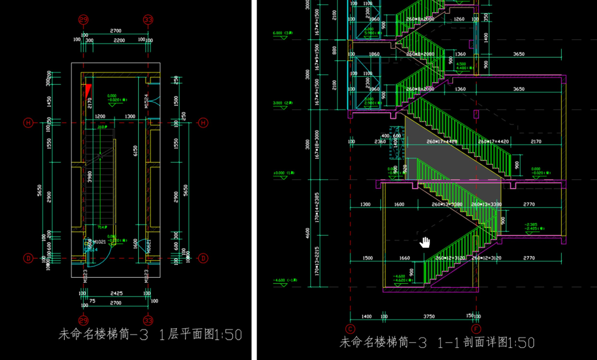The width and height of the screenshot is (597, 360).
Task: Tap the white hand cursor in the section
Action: [425, 242]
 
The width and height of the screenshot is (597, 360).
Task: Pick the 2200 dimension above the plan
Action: [118, 40]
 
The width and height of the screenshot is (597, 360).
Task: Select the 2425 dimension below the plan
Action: [116, 294]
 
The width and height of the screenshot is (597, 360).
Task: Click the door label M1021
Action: [99, 242]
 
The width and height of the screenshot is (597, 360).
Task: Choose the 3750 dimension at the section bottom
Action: [429, 317]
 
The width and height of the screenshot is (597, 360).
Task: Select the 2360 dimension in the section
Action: [380, 142]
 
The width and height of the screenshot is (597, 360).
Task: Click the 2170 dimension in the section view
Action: [535, 142]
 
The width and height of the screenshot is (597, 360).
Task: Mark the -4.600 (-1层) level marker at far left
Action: [285, 280]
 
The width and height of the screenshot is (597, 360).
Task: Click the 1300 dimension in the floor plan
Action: [130, 117]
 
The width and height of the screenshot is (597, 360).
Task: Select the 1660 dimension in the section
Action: [404, 258]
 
